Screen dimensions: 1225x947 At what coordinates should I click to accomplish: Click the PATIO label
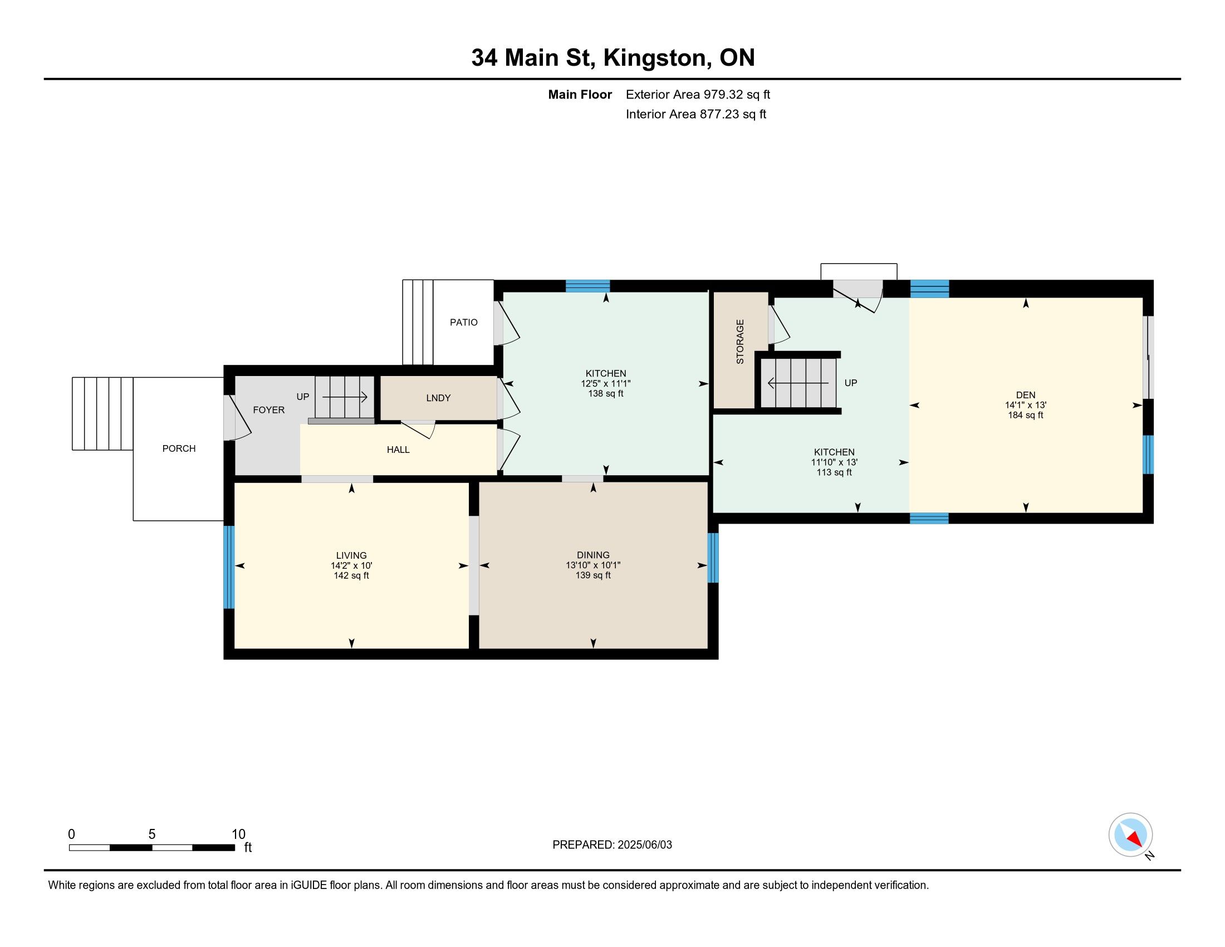click(463, 323)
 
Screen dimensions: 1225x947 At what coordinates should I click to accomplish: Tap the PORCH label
click(179, 449)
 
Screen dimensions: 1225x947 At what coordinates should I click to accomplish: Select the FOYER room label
click(269, 410)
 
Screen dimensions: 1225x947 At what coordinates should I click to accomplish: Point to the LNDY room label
click(438, 398)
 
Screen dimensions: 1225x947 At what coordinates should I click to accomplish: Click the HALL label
click(398, 450)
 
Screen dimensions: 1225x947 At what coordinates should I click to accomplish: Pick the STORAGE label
click(740, 341)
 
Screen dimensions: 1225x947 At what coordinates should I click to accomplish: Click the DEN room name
click(1025, 395)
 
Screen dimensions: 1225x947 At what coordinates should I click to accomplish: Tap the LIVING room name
click(351, 555)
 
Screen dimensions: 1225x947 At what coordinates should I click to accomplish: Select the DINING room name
click(593, 555)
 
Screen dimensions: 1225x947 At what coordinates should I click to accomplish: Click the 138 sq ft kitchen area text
click(605, 394)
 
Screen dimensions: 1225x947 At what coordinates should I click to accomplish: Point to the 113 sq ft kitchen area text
click(834, 472)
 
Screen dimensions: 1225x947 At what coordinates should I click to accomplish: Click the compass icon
click(1130, 835)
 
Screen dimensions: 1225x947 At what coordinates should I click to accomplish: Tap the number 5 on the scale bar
click(151, 834)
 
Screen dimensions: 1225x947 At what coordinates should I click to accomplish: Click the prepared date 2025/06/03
click(644, 845)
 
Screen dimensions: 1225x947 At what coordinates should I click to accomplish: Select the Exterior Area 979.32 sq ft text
click(698, 95)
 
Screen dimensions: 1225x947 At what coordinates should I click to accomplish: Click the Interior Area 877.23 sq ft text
click(695, 114)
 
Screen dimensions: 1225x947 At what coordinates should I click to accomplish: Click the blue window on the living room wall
click(229, 567)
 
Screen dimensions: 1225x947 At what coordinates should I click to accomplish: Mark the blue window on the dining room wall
click(713, 558)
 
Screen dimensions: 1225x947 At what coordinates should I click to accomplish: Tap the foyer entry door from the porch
click(235, 418)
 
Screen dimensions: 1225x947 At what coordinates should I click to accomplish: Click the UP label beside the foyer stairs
click(302, 397)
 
